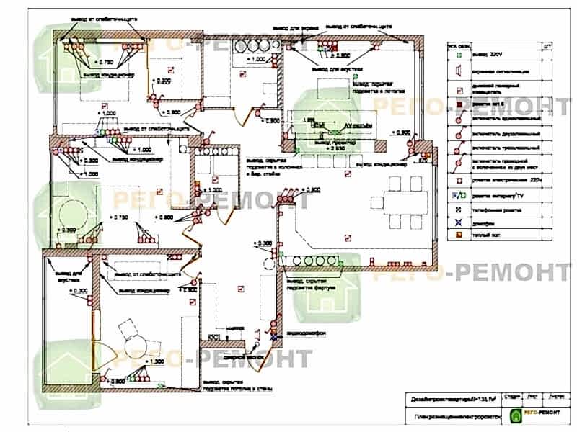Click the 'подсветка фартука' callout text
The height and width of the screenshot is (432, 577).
coord(312,287)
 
